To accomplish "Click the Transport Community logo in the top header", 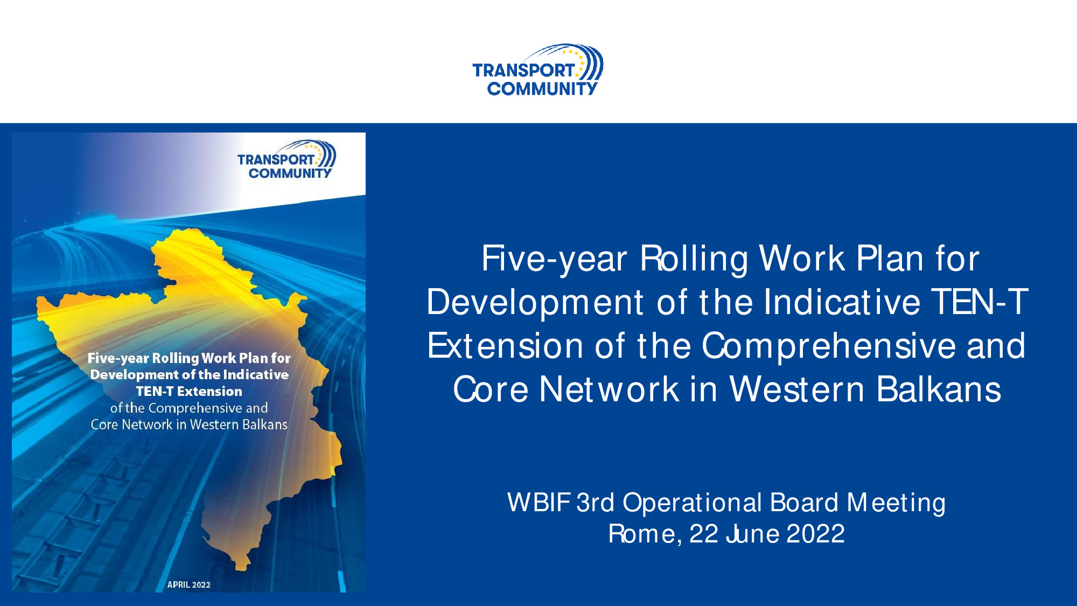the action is point(537,70).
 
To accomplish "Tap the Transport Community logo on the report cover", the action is point(286,159).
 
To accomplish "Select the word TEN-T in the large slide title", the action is point(979,302).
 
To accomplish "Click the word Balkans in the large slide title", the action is point(939,389).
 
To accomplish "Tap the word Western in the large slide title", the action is point(797,389).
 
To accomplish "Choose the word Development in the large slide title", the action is point(535,303).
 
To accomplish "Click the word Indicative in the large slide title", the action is point(842,302).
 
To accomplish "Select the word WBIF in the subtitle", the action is point(538,503).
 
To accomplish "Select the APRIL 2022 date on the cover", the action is point(188,584).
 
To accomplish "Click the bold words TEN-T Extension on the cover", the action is point(189,391).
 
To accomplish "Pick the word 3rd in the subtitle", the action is point(595,503).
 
